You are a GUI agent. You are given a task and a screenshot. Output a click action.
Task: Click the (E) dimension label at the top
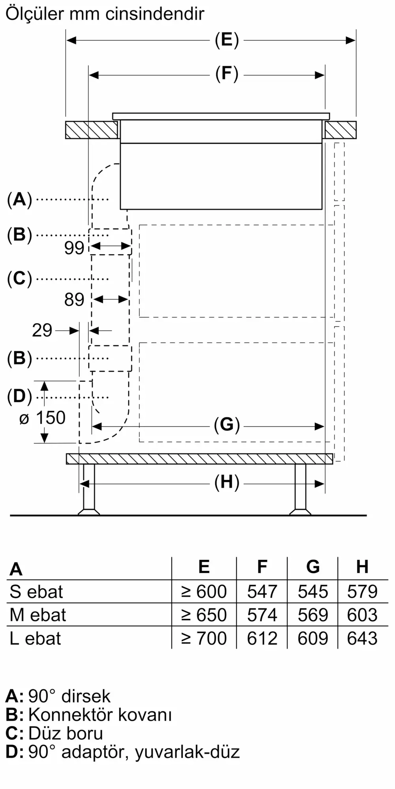pos(227,40)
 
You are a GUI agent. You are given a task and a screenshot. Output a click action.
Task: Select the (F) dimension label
pos(227,75)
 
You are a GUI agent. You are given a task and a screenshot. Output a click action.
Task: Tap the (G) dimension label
pos(227,425)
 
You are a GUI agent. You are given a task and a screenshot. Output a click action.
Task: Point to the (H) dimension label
pos(227,483)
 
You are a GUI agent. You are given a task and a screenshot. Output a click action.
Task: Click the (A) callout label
pos(19,199)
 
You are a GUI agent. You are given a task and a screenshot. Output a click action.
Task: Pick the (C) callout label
pos(19,279)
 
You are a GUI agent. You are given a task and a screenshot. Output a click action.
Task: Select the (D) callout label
pos(19,396)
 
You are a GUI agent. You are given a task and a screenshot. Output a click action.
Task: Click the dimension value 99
pos(74,248)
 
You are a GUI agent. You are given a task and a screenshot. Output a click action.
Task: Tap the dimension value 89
pos(74,300)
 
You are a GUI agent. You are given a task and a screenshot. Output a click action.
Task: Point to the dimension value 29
pos(42,331)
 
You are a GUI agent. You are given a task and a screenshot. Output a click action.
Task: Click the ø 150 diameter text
pos(43,418)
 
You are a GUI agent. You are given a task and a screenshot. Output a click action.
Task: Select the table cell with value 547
pos(262,592)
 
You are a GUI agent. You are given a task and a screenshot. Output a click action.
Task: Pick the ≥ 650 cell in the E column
pos(204,615)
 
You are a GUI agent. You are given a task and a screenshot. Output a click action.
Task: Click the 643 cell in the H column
pos(362,638)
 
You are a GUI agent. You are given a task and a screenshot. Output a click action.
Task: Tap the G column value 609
pos(312,638)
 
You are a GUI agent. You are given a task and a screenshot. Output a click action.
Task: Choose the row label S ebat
pos(36,592)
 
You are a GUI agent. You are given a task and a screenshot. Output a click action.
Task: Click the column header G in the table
pos(312,567)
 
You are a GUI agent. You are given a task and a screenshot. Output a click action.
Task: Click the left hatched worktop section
pos(92,130)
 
